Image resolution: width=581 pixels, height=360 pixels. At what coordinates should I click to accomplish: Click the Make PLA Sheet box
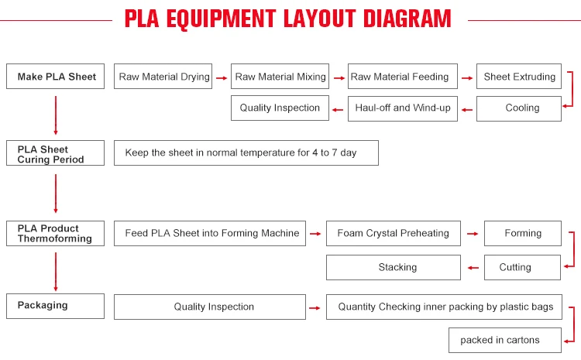point(55,77)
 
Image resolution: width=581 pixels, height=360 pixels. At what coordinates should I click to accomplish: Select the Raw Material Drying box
point(163,77)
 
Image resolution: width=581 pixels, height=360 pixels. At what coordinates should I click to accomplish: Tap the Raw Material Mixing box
point(280,77)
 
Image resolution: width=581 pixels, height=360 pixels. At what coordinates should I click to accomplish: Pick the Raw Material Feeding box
point(400,77)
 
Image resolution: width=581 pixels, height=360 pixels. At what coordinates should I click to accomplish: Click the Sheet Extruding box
point(519,77)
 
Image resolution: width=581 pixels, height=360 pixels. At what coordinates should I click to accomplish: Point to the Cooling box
point(519,108)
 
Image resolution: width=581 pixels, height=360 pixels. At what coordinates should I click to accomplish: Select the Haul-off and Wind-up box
point(402,108)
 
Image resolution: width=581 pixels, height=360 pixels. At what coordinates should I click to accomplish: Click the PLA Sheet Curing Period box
point(55,153)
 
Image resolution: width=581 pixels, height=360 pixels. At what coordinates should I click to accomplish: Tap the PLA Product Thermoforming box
point(55,233)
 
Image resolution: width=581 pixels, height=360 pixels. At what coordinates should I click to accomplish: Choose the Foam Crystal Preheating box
point(393,233)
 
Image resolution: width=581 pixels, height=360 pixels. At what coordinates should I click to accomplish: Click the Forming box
point(523,233)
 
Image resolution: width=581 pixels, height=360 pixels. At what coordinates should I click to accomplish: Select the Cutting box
point(515,267)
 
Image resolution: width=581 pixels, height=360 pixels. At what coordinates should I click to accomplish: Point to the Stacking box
point(397,267)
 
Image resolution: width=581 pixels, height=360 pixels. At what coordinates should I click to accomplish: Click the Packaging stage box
point(55,306)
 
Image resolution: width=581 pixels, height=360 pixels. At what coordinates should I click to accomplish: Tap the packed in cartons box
point(499,339)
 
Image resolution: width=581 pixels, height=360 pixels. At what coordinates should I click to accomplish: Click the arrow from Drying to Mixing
point(221,77)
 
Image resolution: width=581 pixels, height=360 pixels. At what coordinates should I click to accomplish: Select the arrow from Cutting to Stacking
point(473,268)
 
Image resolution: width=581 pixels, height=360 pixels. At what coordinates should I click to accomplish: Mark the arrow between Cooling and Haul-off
point(466,109)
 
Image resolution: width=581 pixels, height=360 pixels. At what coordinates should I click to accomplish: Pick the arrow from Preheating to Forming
point(472,234)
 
